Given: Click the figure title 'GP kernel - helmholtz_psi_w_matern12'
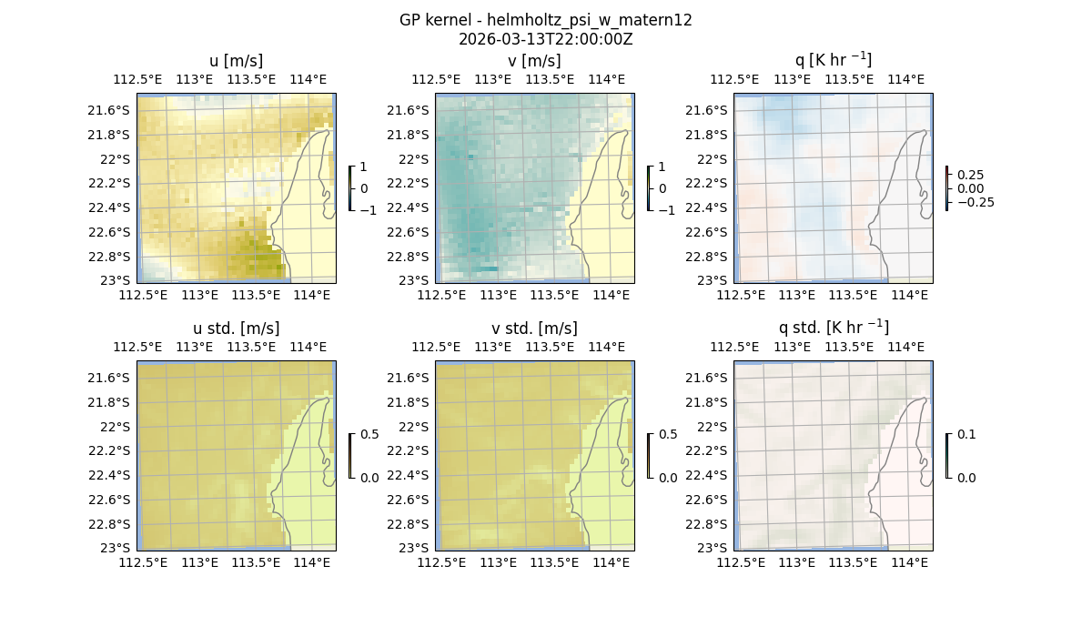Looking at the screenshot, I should (x=545, y=20).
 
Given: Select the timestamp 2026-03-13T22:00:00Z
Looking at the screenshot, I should (x=545, y=39).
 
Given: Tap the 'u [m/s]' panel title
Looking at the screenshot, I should (x=236, y=61).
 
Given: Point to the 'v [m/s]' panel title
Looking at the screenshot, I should (x=534, y=61).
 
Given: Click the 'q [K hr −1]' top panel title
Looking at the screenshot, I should (x=833, y=60).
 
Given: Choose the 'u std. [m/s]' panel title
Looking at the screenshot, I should (x=236, y=329).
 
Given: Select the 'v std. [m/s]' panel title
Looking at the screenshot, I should (x=534, y=329).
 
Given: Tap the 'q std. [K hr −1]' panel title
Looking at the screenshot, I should (x=833, y=328).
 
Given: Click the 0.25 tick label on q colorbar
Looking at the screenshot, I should (x=971, y=175).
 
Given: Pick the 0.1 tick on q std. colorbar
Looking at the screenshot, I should (x=966, y=435).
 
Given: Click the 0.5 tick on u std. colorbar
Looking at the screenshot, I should (x=369, y=435).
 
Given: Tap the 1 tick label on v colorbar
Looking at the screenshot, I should (x=662, y=167).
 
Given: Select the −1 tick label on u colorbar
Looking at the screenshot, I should (x=369, y=210).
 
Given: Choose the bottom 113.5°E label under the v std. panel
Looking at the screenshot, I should (x=554, y=562).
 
